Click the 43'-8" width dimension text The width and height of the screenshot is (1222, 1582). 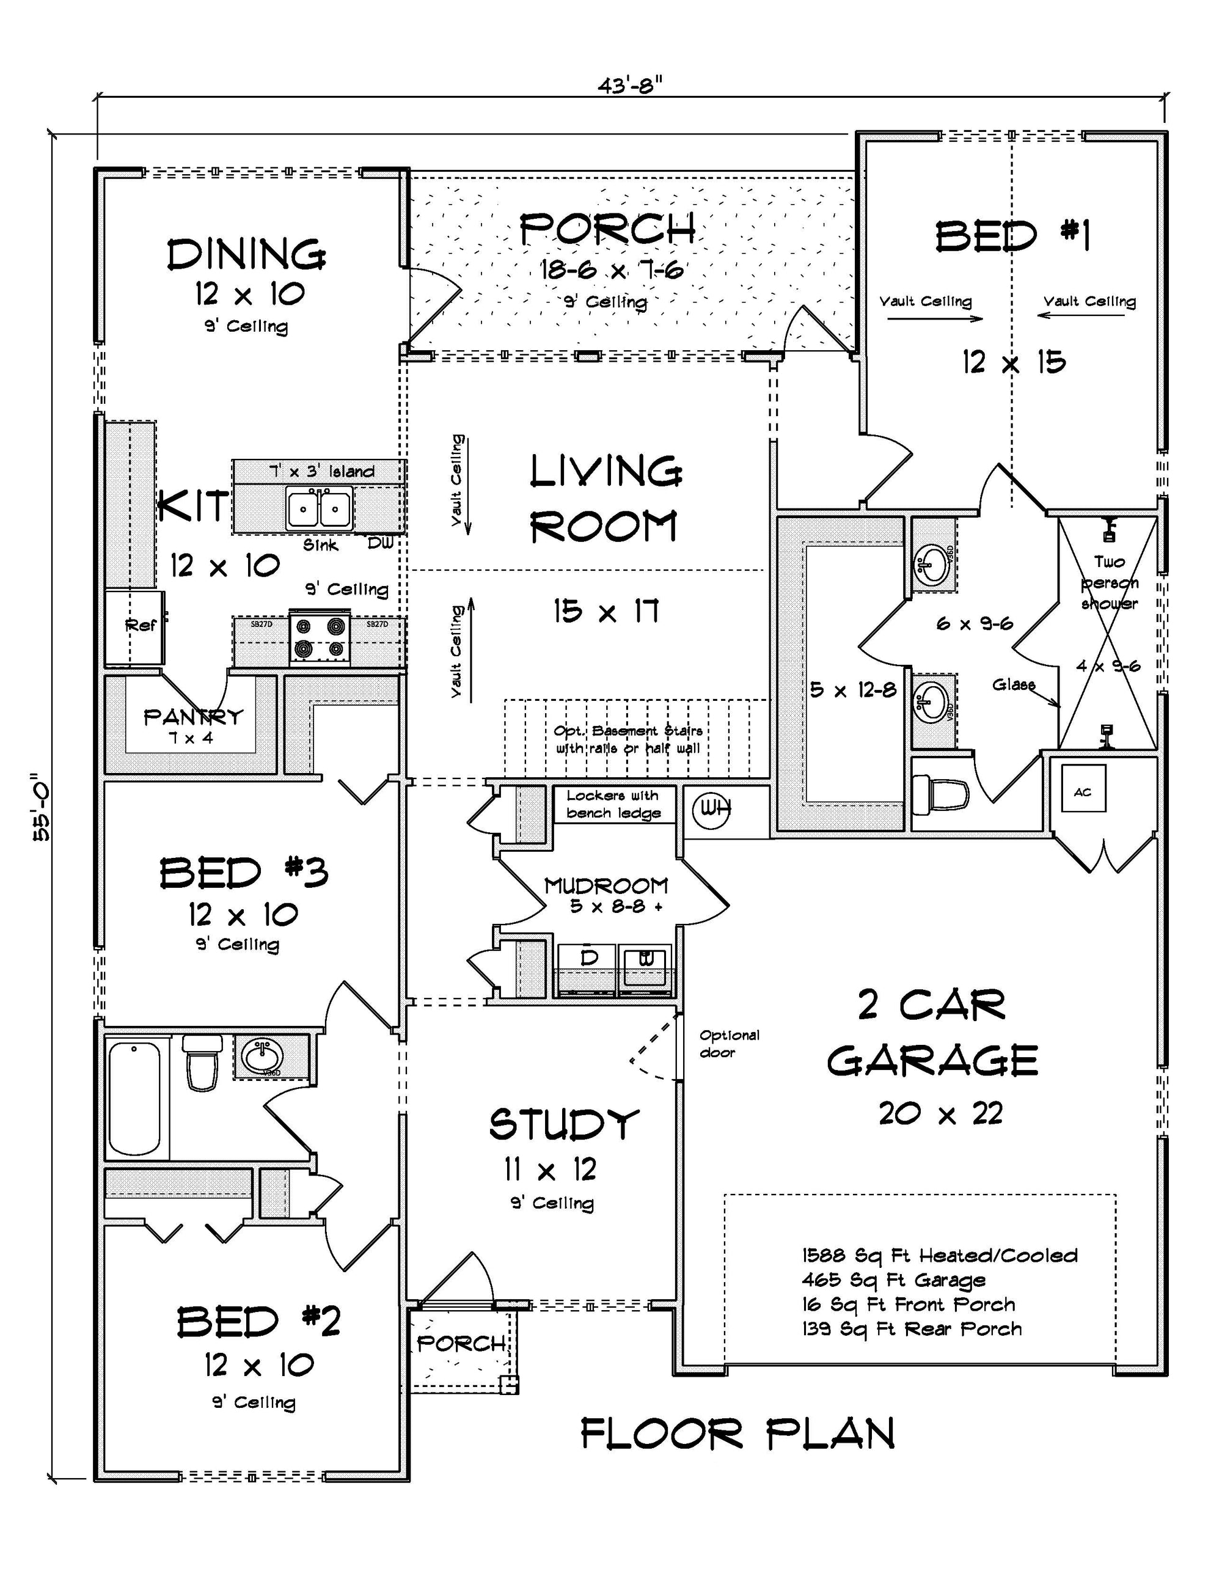(x=630, y=86)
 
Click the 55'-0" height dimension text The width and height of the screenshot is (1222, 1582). (x=42, y=811)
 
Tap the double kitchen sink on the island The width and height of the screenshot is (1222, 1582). (x=319, y=508)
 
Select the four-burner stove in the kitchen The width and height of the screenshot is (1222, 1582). (x=320, y=637)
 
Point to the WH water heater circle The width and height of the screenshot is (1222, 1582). (x=711, y=809)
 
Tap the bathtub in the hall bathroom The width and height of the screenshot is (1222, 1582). (x=135, y=1097)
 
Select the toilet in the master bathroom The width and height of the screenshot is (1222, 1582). (x=941, y=794)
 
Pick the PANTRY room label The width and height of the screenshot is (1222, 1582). (x=194, y=717)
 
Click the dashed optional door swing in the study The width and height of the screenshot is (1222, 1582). (x=654, y=1049)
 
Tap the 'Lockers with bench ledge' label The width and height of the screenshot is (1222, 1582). (x=613, y=804)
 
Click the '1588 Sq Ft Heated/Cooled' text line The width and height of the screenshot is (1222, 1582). (x=938, y=1255)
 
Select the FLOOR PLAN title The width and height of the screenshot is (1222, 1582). (x=737, y=1434)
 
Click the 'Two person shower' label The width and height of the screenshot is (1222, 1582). (x=1109, y=582)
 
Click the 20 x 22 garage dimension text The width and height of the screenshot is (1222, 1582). (x=940, y=1114)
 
